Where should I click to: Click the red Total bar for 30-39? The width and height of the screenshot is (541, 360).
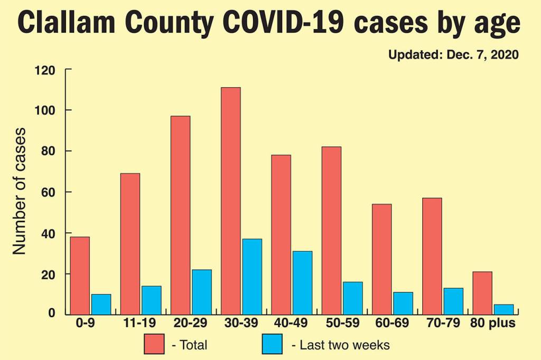(x=231, y=201)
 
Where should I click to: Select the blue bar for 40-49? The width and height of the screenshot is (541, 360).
(x=302, y=283)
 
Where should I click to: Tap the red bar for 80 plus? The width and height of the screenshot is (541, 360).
(x=482, y=293)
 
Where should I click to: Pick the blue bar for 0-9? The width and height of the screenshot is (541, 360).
(x=101, y=304)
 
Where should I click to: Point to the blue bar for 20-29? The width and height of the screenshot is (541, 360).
(x=202, y=292)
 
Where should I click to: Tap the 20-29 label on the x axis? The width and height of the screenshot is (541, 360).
(x=191, y=323)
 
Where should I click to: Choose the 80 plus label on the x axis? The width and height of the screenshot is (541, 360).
(x=493, y=323)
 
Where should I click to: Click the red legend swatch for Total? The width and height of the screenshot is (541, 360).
(x=154, y=345)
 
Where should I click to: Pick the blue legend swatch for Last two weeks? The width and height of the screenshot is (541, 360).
(x=272, y=345)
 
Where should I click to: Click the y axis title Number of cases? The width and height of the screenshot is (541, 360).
(x=20, y=191)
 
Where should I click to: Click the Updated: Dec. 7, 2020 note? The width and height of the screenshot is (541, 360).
(x=454, y=54)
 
